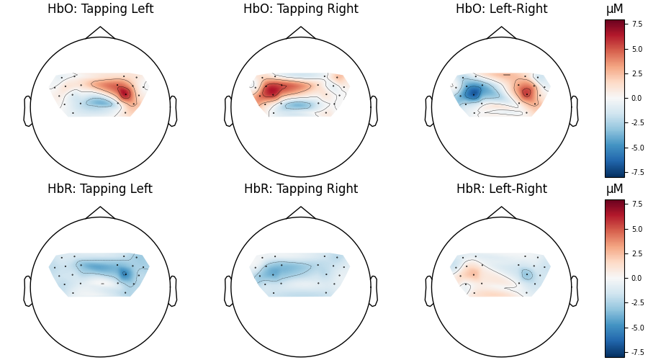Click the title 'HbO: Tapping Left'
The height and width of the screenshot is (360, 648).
[100, 9]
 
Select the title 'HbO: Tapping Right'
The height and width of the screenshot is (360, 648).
[301, 9]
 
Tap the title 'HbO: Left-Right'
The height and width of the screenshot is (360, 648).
[501, 9]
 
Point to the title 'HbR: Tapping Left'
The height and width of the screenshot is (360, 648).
[100, 189]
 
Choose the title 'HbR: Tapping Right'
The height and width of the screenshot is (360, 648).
[301, 189]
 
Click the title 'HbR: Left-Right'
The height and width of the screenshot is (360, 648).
[501, 189]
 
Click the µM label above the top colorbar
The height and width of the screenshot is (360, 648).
[615, 9]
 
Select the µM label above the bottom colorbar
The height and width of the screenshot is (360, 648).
[615, 189]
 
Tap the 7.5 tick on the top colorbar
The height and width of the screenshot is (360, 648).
[636, 24]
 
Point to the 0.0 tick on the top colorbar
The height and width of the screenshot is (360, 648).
[636, 98]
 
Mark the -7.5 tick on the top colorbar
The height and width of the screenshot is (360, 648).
[638, 172]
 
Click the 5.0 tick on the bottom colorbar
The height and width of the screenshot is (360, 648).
[636, 229]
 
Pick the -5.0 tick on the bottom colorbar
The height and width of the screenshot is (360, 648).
[638, 328]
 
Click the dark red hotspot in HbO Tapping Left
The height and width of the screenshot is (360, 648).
[125, 92]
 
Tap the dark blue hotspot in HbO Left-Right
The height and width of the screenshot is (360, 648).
[472, 93]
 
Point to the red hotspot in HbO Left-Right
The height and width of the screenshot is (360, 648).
[526, 92]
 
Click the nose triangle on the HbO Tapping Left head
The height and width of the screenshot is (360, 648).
[100, 33]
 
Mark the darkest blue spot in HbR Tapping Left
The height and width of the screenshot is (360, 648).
[125, 273]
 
